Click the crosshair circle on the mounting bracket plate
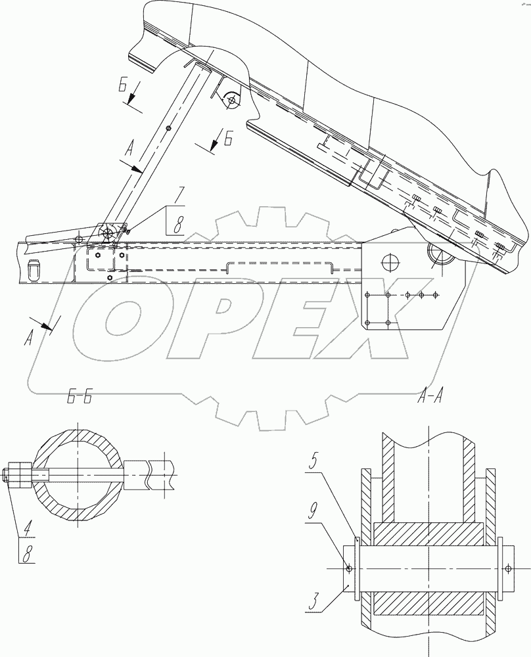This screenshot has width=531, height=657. tap(390, 262)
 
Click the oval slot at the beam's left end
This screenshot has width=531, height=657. tap(34, 269)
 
